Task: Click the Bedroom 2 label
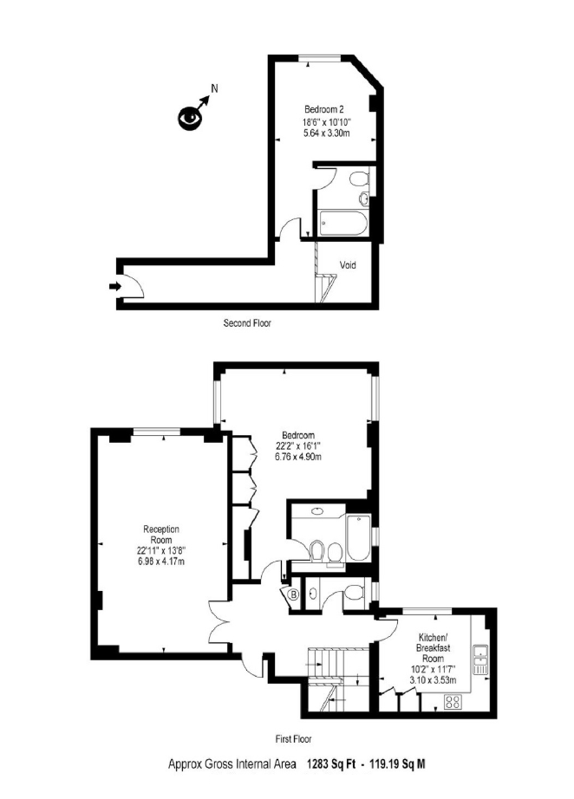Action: click(324, 109)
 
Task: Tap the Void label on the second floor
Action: click(348, 265)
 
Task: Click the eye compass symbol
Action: click(190, 118)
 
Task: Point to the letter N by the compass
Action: click(215, 88)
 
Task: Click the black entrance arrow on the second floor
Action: click(115, 286)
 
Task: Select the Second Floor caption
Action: click(247, 322)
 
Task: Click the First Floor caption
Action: click(293, 738)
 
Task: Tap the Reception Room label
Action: click(161, 535)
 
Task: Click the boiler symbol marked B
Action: click(293, 594)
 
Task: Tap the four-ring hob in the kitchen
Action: click(453, 702)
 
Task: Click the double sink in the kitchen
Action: click(480, 659)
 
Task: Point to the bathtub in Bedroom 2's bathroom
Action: click(342, 224)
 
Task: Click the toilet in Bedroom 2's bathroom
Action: click(360, 179)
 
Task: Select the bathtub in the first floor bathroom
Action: click(360, 537)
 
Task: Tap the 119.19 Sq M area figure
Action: click(395, 764)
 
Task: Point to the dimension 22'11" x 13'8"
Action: click(161, 551)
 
